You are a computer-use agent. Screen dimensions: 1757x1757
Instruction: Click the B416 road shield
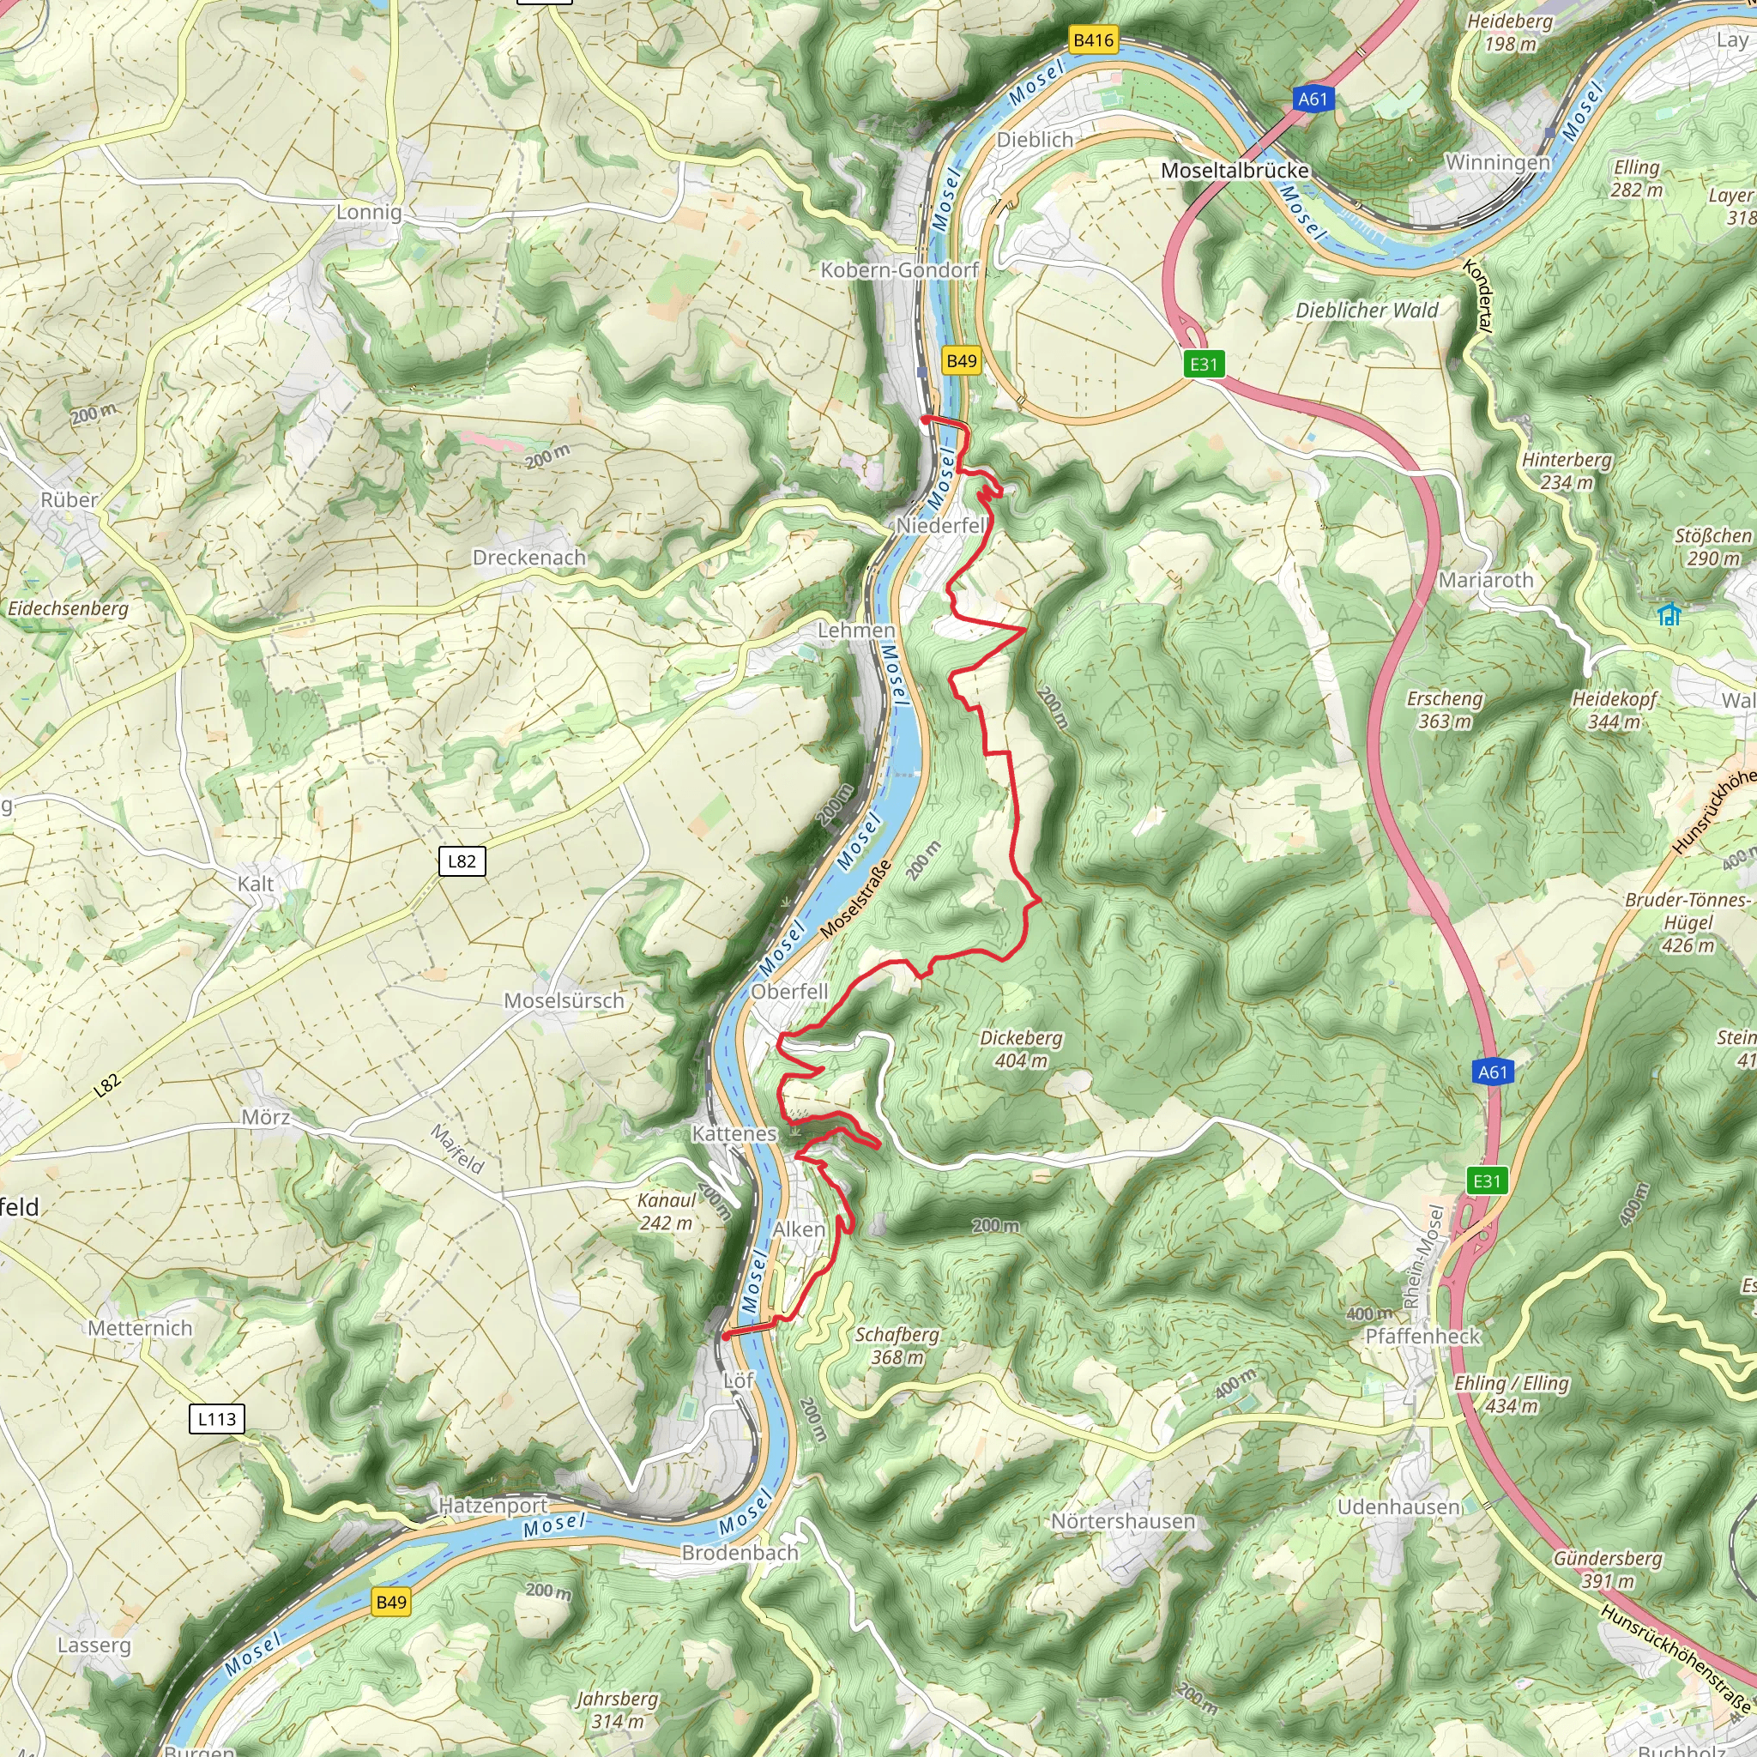[1093, 40]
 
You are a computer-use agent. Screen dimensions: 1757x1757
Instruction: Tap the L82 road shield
[462, 861]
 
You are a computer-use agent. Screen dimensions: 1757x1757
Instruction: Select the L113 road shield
[216, 1419]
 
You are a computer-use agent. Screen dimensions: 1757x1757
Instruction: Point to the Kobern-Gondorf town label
[899, 270]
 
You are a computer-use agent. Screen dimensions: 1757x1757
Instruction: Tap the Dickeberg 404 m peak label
[1020, 1049]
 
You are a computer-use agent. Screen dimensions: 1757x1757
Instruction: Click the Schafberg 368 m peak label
[897, 1346]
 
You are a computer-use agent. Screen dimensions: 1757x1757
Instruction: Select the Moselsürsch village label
[564, 1000]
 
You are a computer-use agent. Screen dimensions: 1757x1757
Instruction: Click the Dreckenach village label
[529, 558]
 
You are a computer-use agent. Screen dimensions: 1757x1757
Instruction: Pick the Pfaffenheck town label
[1422, 1336]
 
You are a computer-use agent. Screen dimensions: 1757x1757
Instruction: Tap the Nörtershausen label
[1123, 1520]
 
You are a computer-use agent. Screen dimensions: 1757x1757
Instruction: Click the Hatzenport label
[494, 1505]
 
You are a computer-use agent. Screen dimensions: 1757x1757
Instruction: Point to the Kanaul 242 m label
[666, 1211]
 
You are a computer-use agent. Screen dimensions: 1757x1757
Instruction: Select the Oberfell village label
[789, 991]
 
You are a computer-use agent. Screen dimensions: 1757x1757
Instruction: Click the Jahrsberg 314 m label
[617, 1710]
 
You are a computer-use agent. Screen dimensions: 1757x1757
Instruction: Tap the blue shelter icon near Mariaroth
[1669, 615]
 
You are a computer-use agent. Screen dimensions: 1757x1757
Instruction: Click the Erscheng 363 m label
[1444, 709]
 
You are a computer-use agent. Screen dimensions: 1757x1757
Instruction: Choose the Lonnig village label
[368, 212]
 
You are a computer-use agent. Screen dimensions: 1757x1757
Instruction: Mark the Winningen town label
[1498, 163]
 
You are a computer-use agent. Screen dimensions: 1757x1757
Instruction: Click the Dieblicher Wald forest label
[1367, 310]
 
